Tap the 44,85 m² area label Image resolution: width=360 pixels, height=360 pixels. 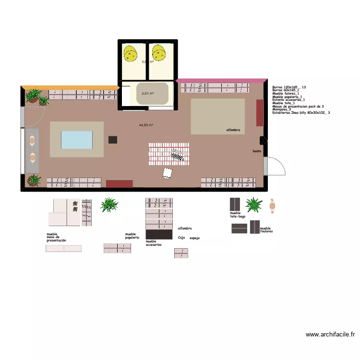146,125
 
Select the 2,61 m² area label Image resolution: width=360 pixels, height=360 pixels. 147,94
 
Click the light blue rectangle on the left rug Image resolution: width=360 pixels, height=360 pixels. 77,140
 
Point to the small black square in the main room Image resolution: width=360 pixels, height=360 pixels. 113,140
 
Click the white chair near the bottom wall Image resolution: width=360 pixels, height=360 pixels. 168,173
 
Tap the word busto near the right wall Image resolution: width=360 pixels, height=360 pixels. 257,151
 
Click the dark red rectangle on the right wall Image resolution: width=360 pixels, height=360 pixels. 260,113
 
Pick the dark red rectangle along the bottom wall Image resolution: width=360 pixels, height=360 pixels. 119,183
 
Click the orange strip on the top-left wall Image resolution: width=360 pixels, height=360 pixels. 70,87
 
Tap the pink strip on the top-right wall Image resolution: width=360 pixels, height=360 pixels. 221,80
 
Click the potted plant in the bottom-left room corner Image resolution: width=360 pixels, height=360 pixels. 34,180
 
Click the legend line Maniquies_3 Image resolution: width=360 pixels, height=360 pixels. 283,109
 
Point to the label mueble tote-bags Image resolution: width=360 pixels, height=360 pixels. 237,215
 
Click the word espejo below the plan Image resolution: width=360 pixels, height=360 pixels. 194,238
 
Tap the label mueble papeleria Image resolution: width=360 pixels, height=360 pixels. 132,236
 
